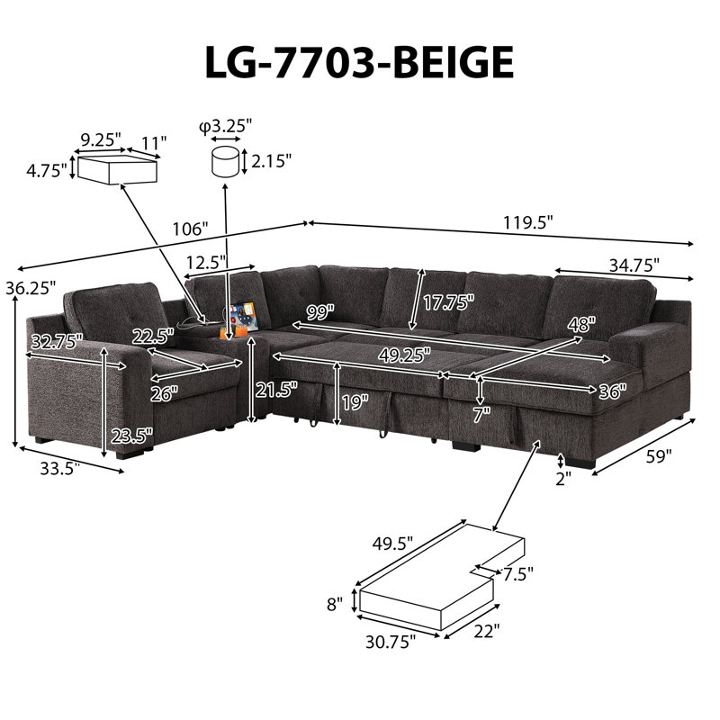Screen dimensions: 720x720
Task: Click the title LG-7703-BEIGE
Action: [359, 62]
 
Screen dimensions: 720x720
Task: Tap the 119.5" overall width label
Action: [527, 222]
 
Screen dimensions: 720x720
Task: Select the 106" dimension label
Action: [190, 229]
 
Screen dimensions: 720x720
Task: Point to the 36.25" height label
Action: [31, 288]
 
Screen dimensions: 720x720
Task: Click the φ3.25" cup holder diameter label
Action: [226, 125]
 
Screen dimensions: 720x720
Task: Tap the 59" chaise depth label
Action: [659, 456]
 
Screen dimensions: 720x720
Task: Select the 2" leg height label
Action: [563, 479]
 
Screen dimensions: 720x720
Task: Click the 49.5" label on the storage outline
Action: [392, 544]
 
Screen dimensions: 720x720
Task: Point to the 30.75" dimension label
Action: [391, 642]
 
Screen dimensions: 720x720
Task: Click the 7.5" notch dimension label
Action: [518, 573]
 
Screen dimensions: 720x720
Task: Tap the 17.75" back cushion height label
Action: [448, 302]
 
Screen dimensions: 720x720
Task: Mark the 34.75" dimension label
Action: [634, 265]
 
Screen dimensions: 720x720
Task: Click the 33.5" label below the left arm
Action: [60, 469]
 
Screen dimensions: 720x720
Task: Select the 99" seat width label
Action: [320, 312]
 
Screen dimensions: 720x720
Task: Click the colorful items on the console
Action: [243, 317]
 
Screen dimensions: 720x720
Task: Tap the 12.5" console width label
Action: [207, 263]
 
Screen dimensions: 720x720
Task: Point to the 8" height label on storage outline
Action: [335, 604]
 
